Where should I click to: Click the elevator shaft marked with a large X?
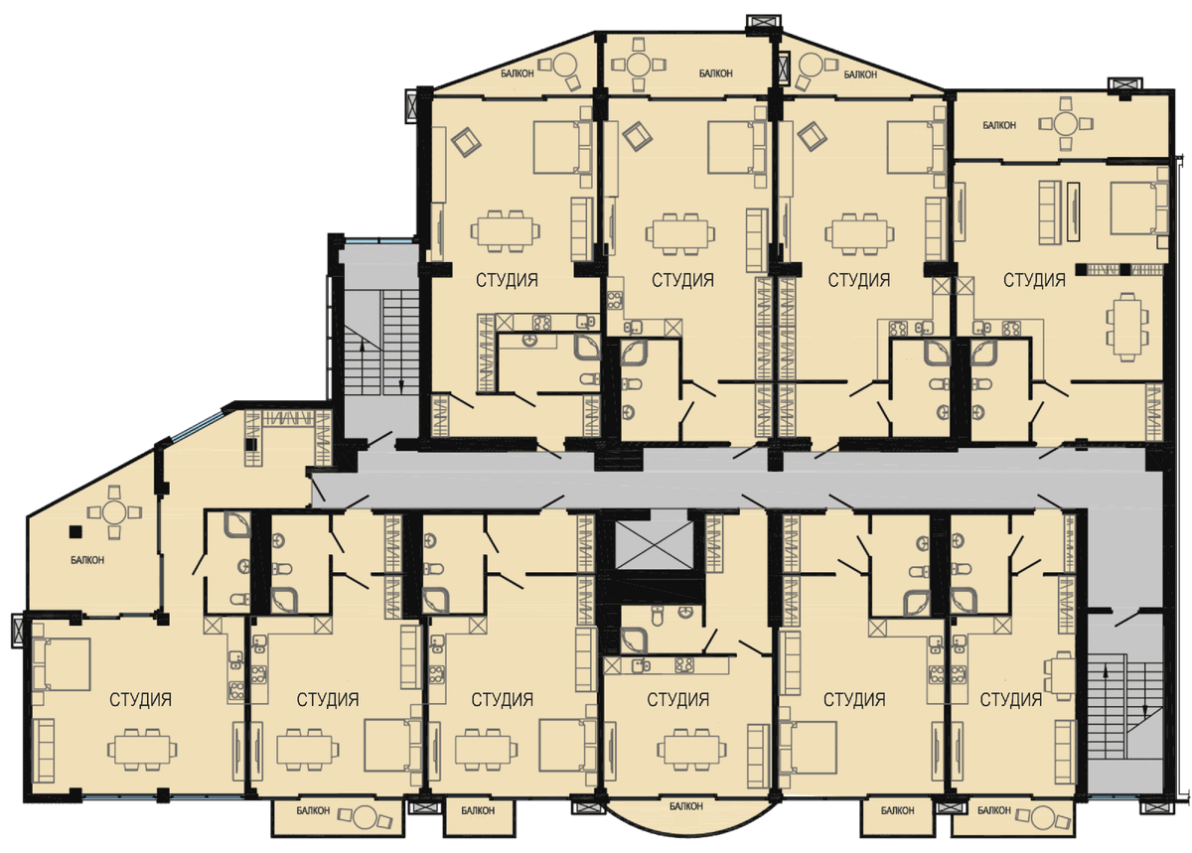click(x=655, y=545)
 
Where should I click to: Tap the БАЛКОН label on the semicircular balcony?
click(x=686, y=806)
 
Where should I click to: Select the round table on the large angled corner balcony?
click(x=114, y=512)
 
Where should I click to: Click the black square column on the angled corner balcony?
click(x=76, y=530)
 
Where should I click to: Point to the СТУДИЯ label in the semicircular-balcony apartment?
click(x=677, y=699)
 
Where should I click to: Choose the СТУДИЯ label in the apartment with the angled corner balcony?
click(x=140, y=699)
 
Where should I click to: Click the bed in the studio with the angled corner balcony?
click(x=62, y=664)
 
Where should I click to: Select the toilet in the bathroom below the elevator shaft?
click(x=658, y=616)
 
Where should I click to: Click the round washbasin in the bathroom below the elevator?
click(x=687, y=613)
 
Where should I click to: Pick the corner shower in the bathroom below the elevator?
click(x=634, y=640)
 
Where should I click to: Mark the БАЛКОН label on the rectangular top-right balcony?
click(x=999, y=125)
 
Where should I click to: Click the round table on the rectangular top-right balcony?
click(x=1066, y=123)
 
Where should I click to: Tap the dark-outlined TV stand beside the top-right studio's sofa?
click(x=1074, y=213)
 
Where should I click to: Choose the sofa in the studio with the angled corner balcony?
click(x=44, y=750)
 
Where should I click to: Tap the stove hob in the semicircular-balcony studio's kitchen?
click(x=683, y=664)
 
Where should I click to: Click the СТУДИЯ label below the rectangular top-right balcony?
click(x=1034, y=280)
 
